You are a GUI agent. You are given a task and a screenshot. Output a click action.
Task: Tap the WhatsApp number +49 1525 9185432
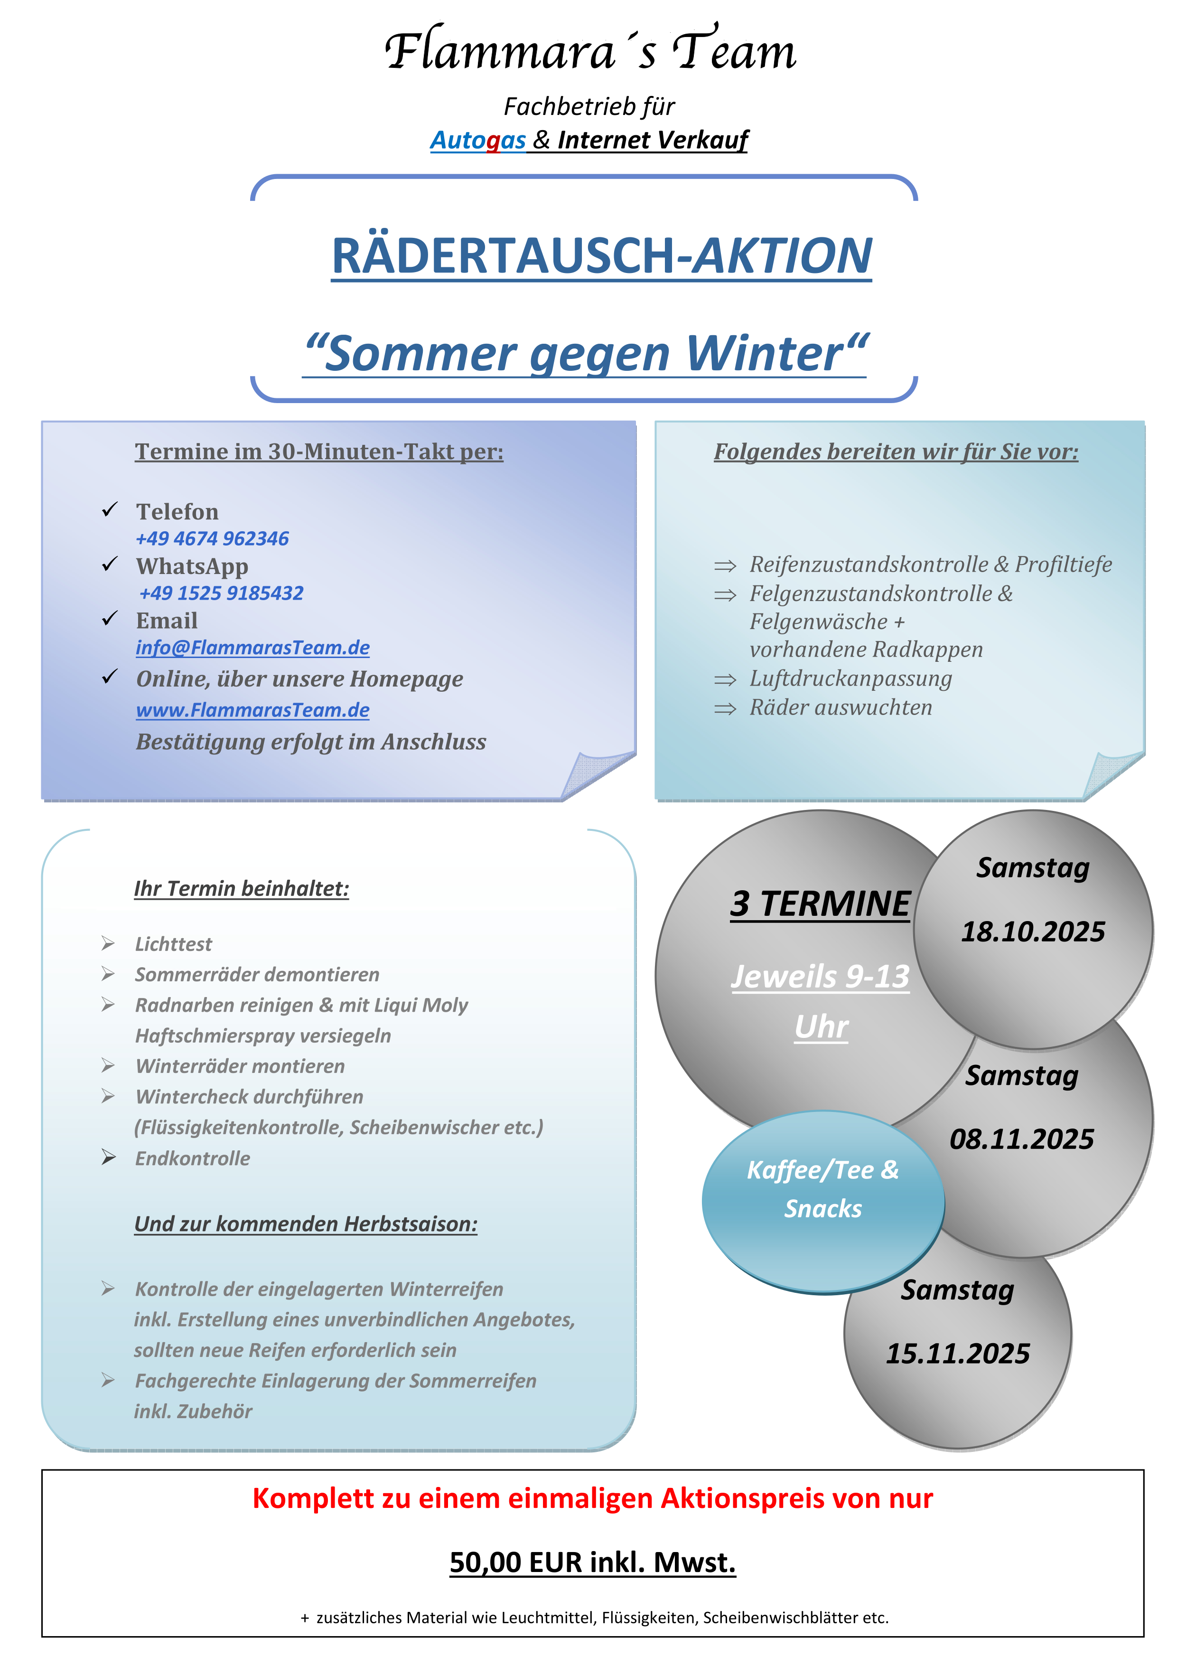point(221,593)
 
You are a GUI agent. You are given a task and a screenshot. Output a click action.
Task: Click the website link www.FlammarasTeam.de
point(252,710)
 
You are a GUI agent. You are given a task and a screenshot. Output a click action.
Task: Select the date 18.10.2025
point(1033,932)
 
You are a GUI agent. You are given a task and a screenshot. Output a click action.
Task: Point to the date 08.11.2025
point(1021,1139)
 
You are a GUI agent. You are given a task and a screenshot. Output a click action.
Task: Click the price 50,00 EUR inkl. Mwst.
point(592,1562)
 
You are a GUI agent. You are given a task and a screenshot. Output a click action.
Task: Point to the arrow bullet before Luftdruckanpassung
point(725,680)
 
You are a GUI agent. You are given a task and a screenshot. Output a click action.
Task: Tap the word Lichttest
point(173,944)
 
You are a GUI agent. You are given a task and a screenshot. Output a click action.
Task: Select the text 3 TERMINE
point(820,904)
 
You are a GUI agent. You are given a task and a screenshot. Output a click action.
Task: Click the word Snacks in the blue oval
point(823,1209)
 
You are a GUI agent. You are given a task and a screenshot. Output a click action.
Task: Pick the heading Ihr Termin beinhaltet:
point(242,888)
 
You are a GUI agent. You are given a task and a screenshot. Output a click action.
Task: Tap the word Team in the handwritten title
point(733,51)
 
